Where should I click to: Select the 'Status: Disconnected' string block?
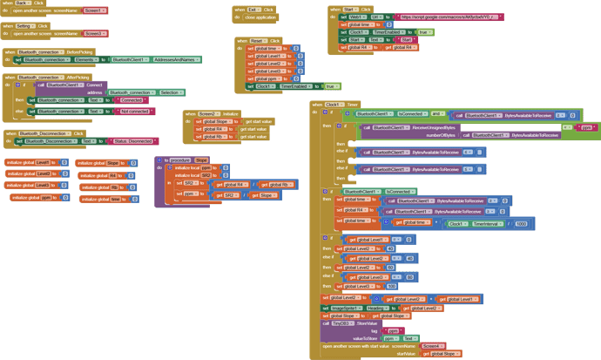(132, 141)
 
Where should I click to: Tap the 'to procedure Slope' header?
(183, 160)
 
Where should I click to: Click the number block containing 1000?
(521, 223)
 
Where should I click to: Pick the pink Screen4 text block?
(431, 346)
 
